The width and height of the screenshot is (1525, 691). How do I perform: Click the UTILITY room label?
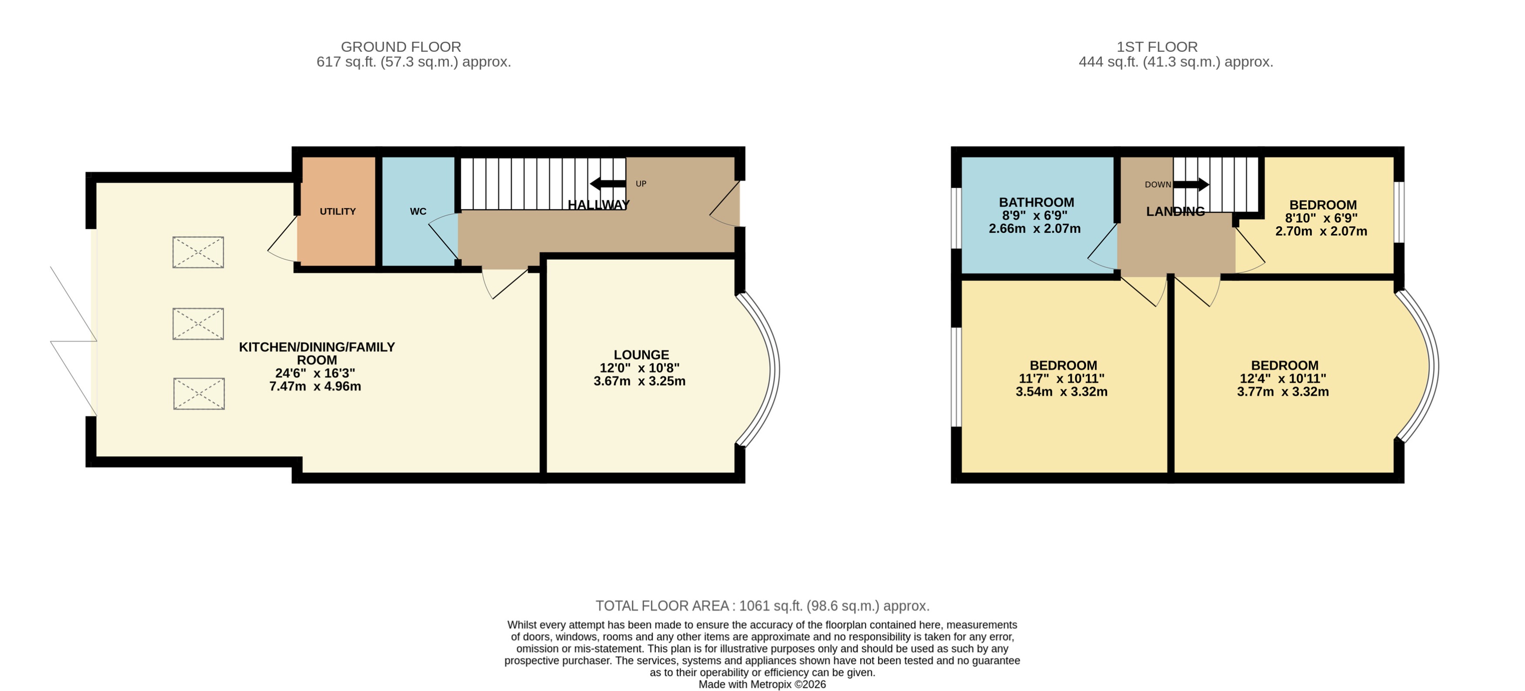click(x=337, y=211)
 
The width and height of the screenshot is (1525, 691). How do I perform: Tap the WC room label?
click(x=418, y=211)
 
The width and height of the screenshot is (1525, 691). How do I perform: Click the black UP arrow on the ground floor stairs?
click(x=607, y=183)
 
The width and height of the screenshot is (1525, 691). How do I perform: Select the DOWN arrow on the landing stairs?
click(x=1191, y=184)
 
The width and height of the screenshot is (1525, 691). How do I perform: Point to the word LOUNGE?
click(x=641, y=355)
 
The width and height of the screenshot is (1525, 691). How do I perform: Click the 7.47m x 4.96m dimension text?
click(x=315, y=387)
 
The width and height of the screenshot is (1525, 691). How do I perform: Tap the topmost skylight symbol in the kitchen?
click(x=198, y=253)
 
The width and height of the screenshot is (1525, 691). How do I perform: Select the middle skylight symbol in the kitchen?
click(x=198, y=324)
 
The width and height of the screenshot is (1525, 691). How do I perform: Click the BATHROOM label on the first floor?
click(x=1036, y=202)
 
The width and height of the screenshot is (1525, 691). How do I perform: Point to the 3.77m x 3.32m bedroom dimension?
click(x=1282, y=392)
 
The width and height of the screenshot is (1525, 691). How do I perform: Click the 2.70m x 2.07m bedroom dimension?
click(x=1321, y=231)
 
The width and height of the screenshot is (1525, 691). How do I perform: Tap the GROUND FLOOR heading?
click(x=401, y=47)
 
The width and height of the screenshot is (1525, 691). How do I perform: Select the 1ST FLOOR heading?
click(x=1157, y=47)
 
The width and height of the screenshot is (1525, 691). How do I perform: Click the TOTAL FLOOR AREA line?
click(x=762, y=606)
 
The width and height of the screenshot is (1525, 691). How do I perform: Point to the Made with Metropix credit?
click(x=762, y=684)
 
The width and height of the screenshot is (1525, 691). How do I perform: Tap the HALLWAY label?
click(x=599, y=205)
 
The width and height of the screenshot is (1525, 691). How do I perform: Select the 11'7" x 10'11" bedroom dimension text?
click(x=1061, y=379)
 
